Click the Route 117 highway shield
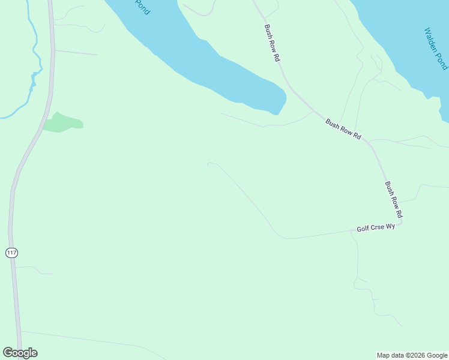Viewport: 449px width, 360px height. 11,253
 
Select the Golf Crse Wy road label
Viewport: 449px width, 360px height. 376,227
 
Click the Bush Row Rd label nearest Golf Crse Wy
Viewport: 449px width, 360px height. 394,200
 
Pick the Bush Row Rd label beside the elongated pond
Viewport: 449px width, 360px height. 273,43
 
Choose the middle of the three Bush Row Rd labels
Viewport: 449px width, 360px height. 343,129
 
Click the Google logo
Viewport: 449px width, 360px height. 20,353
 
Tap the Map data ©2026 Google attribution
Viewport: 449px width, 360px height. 412,355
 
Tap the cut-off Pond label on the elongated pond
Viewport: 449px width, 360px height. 142,7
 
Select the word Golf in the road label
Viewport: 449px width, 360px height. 363,229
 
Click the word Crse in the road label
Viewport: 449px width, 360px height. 377,227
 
